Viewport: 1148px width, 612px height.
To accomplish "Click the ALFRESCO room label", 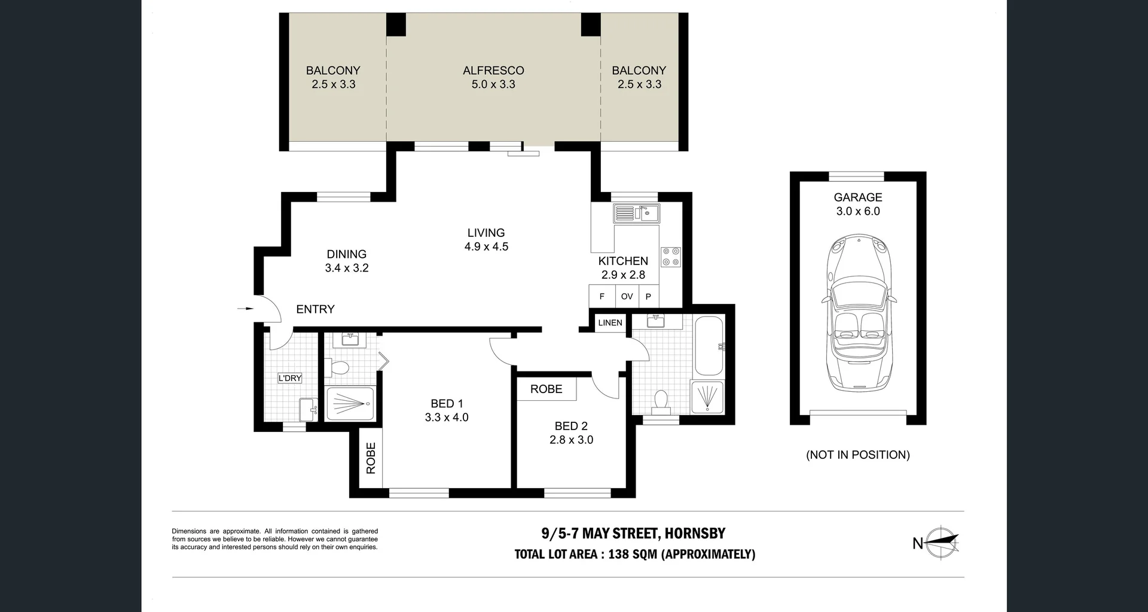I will [493, 71].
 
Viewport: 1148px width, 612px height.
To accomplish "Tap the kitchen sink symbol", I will [636, 213].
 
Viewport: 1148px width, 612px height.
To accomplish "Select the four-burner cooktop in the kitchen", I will [670, 257].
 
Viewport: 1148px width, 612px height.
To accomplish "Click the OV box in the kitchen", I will [627, 296].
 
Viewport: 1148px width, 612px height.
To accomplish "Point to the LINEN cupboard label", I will [610, 322].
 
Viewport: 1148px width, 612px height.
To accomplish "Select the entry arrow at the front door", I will [245, 309].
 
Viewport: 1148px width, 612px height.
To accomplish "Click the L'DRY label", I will [290, 378].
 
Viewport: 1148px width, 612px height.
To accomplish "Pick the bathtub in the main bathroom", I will [709, 346].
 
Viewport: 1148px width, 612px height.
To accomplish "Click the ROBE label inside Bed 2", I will [546, 389].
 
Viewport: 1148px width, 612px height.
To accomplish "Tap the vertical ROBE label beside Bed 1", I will [371, 458].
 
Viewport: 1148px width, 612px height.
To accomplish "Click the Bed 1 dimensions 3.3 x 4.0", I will [447, 418].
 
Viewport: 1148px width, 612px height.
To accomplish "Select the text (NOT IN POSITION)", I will [857, 455].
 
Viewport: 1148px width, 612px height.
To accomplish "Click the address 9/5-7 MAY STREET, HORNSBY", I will [633, 533].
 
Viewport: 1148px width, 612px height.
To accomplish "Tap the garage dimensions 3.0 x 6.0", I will [857, 211].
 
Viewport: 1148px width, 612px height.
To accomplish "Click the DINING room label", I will [346, 254].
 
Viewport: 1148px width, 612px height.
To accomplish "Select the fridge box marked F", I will [602, 296].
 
